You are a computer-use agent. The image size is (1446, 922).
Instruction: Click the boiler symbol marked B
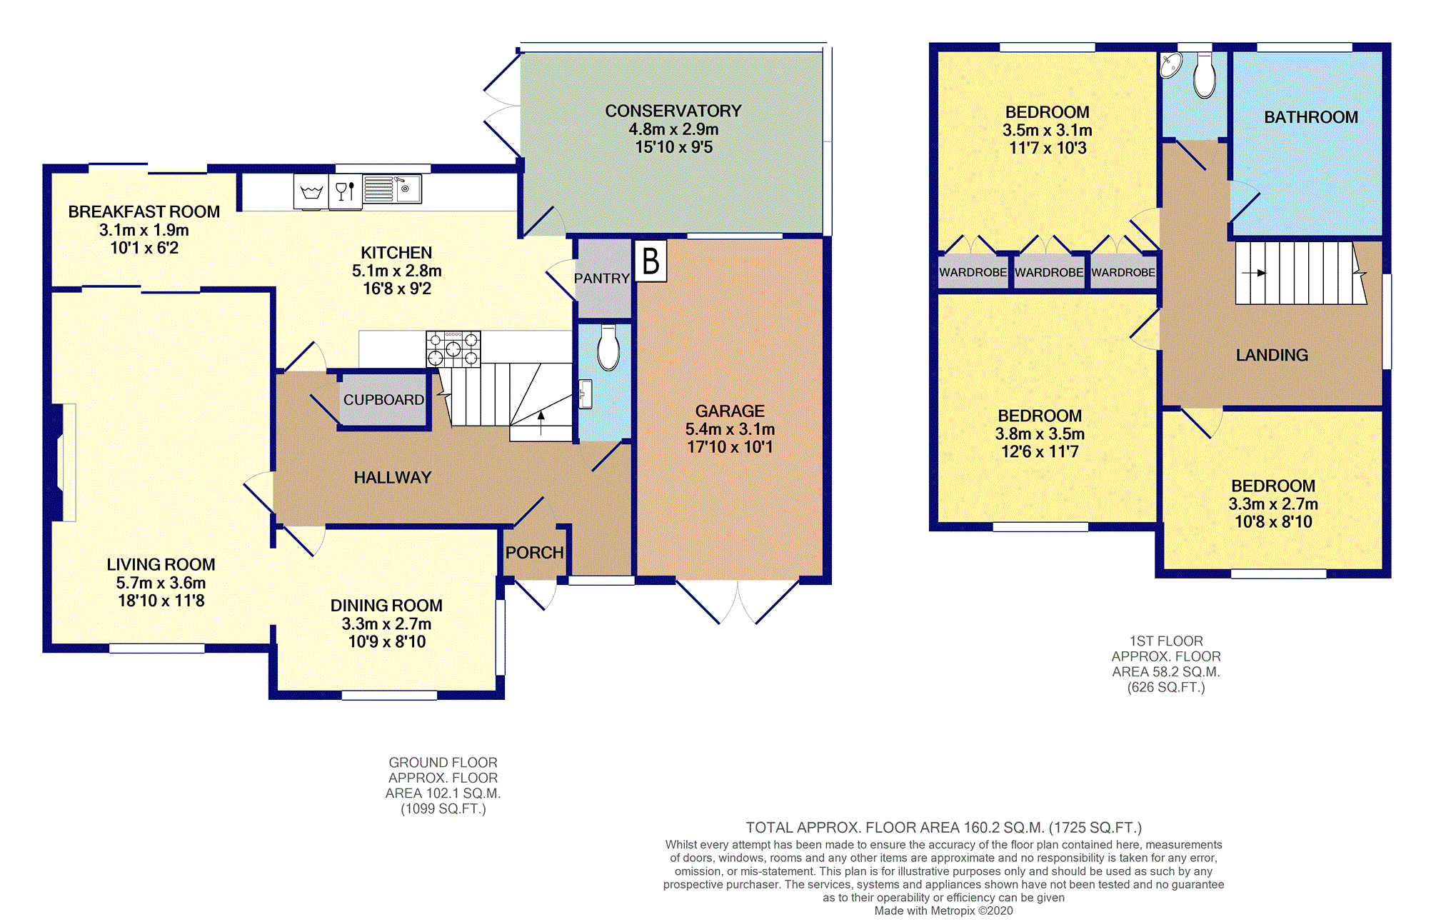(x=651, y=261)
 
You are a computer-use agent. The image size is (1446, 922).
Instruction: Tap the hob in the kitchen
(x=453, y=349)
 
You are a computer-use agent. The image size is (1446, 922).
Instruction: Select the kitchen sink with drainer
(x=392, y=189)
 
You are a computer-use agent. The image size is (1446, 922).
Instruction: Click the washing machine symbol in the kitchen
(x=311, y=191)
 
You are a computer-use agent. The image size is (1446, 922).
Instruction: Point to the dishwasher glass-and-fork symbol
(x=346, y=191)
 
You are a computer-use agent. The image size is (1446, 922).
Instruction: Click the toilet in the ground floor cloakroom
(x=608, y=348)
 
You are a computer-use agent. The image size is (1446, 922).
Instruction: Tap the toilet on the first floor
(x=1205, y=76)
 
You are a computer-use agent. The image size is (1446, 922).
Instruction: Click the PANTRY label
(x=602, y=279)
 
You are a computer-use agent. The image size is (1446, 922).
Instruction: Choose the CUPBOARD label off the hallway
(x=384, y=400)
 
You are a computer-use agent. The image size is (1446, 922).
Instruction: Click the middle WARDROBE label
(x=1049, y=272)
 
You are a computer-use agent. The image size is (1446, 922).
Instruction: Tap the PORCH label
(x=535, y=553)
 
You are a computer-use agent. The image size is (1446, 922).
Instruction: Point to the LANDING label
(x=1272, y=355)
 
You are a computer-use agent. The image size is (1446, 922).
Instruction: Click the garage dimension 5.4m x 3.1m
(x=730, y=429)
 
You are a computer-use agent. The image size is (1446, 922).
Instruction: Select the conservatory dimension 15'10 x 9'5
(x=674, y=147)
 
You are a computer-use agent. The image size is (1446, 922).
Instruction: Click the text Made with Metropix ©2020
(x=943, y=911)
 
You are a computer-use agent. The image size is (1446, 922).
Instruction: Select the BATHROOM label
(x=1311, y=117)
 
